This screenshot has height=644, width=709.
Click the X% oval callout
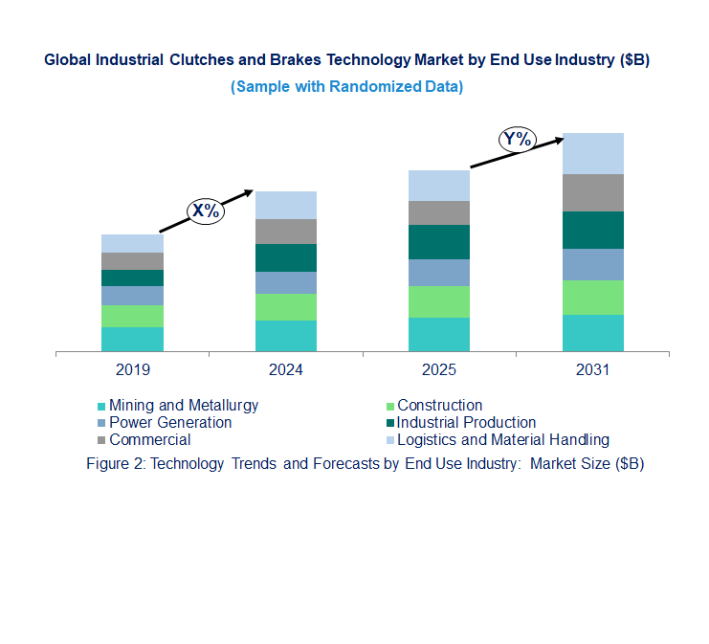click(205, 211)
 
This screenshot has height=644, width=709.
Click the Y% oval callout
click(517, 140)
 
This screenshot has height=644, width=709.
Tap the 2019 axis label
click(132, 370)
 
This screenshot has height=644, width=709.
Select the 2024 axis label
click(286, 370)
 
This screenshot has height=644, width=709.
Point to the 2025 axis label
click(439, 370)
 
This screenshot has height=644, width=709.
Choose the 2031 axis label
click(592, 370)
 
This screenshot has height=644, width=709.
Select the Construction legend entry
click(439, 406)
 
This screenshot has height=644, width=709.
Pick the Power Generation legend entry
click(170, 423)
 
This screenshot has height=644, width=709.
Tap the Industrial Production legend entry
click(466, 423)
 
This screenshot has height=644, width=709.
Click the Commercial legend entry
click(149, 440)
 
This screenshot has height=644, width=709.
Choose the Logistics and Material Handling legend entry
click(502, 440)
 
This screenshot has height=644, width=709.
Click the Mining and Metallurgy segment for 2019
click(132, 340)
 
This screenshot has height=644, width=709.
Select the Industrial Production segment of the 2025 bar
click(439, 242)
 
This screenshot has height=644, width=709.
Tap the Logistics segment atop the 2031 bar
click(592, 153)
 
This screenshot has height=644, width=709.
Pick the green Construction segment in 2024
click(286, 307)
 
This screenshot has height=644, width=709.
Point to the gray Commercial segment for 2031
click(592, 192)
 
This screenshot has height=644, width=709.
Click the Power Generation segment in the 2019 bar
click(132, 296)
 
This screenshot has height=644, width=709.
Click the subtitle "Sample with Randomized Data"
click(347, 87)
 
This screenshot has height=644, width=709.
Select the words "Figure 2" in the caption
click(115, 464)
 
